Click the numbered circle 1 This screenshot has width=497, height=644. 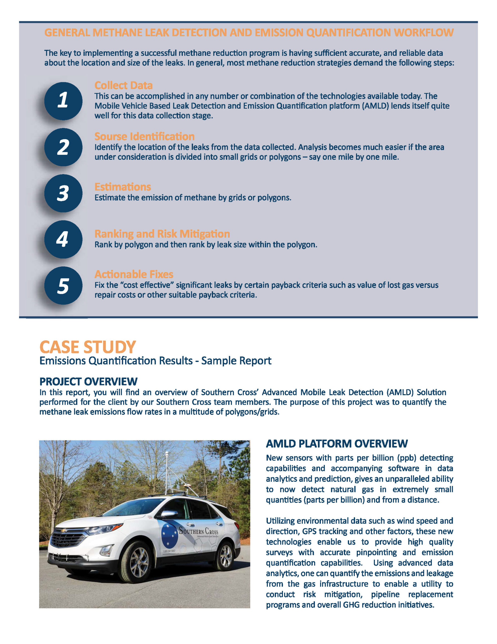point(63,101)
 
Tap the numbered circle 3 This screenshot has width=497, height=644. point(63,193)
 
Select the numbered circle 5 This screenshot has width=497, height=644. point(63,286)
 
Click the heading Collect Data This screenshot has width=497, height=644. point(123,86)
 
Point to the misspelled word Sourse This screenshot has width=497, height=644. point(111,137)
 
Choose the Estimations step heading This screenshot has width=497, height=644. point(123,187)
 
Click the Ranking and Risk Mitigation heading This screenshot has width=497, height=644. point(162,234)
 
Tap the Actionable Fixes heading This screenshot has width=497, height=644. point(134,274)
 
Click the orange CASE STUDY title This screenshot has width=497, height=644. point(87,347)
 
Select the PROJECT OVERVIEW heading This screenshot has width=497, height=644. point(88,382)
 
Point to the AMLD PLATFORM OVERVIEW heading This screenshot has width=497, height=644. point(337,444)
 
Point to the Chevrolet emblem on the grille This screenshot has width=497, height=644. point(63,531)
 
